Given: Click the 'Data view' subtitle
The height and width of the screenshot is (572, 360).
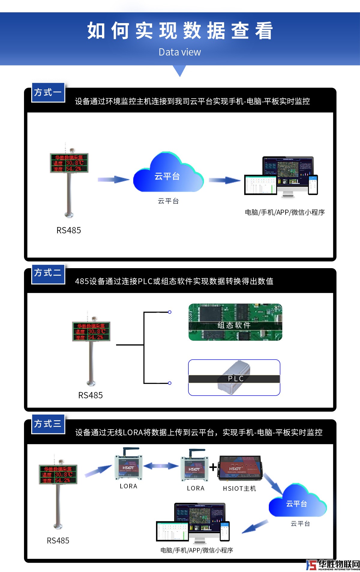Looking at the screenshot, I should tap(180, 52).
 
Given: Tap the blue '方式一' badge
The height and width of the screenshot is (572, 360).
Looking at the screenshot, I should tap(48, 92).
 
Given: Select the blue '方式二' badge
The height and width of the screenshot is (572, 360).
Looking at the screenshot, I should tap(48, 273).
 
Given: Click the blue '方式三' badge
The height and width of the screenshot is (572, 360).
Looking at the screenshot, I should tap(48, 424).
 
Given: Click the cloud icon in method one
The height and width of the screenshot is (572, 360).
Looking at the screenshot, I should tap(168, 174).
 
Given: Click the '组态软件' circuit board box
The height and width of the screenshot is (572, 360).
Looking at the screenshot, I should tap(235, 322).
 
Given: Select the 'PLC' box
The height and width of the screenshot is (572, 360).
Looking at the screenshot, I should tap(234, 378).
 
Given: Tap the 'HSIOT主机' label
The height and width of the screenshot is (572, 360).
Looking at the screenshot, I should tap(239, 489).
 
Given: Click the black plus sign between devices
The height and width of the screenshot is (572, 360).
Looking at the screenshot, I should tap(213, 467).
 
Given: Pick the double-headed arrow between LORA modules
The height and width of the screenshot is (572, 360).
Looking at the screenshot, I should tap(161, 466).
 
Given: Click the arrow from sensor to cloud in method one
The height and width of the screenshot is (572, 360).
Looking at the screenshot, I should tap(113, 180).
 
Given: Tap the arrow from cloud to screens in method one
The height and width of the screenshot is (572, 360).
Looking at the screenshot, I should tap(225, 180).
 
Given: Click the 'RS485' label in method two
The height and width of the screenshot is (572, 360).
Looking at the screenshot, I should tap(90, 395).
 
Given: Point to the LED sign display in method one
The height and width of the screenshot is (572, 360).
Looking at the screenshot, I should tap(69, 163).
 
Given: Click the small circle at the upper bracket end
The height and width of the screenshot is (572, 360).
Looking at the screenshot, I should tap(169, 312).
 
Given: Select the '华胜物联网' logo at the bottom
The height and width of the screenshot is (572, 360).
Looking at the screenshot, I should tap(333, 565).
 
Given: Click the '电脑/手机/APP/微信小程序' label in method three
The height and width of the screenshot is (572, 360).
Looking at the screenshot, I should tap(197, 550).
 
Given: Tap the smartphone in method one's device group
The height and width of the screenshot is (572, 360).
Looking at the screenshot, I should tap(313, 184).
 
